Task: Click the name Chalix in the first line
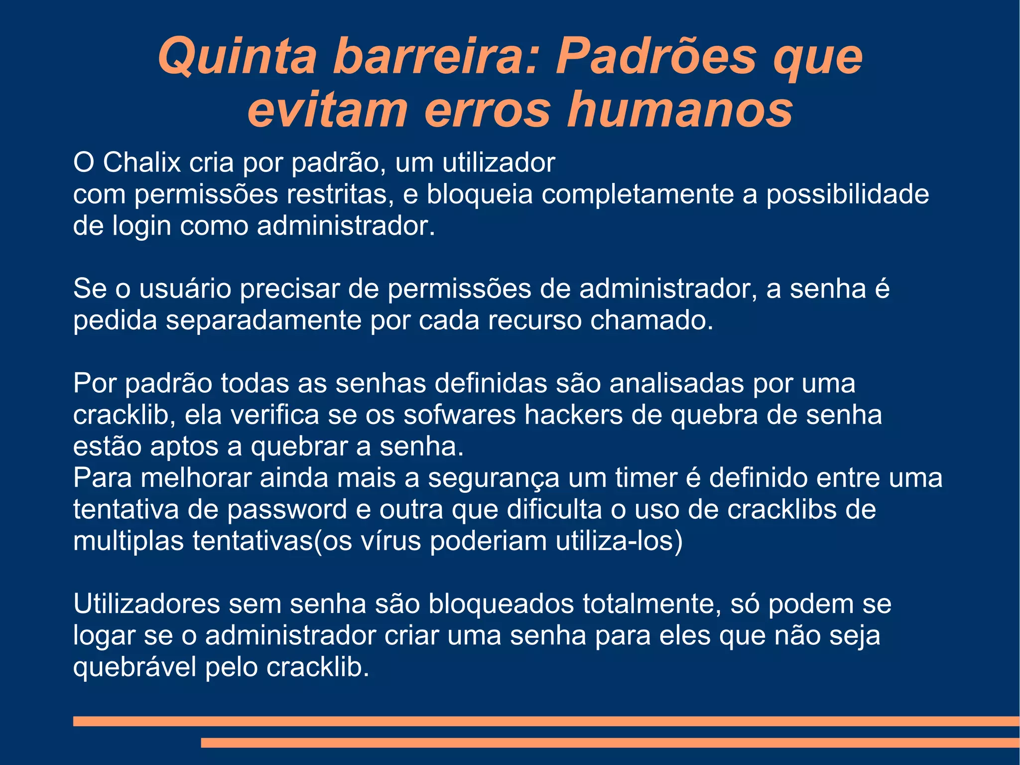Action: [x=141, y=162]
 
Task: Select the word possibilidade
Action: [x=847, y=194]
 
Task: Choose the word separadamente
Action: [x=263, y=320]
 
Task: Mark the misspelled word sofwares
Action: [x=459, y=415]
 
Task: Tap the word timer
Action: [x=646, y=477]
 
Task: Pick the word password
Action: [x=287, y=509]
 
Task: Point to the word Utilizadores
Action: [x=146, y=604]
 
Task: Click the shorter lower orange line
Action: [x=610, y=743]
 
